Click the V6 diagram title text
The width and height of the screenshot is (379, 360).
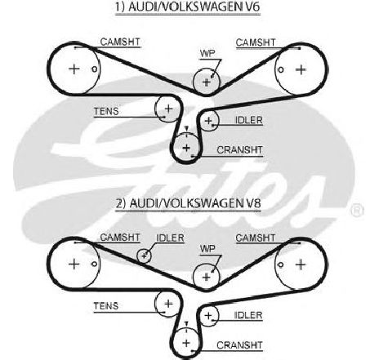pyautogui.click(x=188, y=7)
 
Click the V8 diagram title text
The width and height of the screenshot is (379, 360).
pyautogui.click(x=189, y=203)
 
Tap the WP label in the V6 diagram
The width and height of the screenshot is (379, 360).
pyautogui.click(x=207, y=53)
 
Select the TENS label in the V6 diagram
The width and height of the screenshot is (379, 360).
pyautogui.click(x=106, y=111)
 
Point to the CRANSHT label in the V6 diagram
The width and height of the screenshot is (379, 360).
pyautogui.click(x=239, y=150)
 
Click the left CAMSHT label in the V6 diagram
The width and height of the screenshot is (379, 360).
pyautogui.click(x=120, y=42)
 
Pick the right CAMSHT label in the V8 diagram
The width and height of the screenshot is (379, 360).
pyautogui.click(x=256, y=238)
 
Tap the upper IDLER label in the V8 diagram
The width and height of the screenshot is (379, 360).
pyautogui.click(x=170, y=238)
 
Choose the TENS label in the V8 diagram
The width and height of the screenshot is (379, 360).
pyautogui.click(x=106, y=306)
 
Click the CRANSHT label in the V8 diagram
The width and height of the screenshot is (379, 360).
pyautogui.click(x=239, y=345)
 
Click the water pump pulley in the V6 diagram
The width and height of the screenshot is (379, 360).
pyautogui.click(x=206, y=82)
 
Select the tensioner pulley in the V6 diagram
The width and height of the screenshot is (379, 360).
pyautogui.click(x=168, y=109)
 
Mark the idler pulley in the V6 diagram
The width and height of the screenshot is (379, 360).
pyautogui.click(x=209, y=121)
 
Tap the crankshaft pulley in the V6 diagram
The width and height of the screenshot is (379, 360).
pyautogui.click(x=186, y=148)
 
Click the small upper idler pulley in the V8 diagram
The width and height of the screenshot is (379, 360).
pyautogui.click(x=144, y=256)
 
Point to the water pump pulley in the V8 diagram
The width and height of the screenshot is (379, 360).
pyautogui.click(x=206, y=277)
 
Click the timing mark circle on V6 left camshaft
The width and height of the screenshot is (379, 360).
pyautogui.click(x=94, y=69)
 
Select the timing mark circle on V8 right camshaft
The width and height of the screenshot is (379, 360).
pyautogui.click(x=281, y=264)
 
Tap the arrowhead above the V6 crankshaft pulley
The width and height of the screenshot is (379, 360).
pyautogui.click(x=186, y=128)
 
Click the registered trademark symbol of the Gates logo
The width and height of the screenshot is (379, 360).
pyautogui.click(x=357, y=211)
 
